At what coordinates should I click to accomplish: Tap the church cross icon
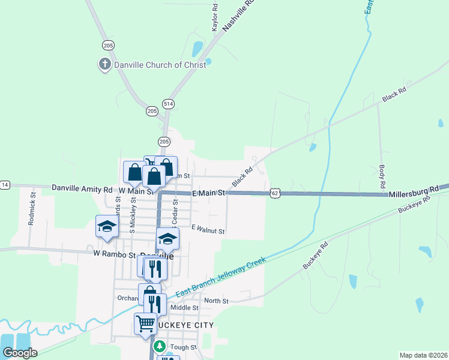tap(104, 64)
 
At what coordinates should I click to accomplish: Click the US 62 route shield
tap(274, 193)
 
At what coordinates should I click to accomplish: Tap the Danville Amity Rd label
tap(82, 188)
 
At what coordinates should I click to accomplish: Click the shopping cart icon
tap(145, 323)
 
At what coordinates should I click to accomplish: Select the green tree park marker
tap(159, 347)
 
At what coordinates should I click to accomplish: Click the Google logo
tap(20, 352)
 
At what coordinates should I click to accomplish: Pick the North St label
tap(216, 301)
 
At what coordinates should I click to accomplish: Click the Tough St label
tap(183, 347)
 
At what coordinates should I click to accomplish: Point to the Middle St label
tap(184, 308)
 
